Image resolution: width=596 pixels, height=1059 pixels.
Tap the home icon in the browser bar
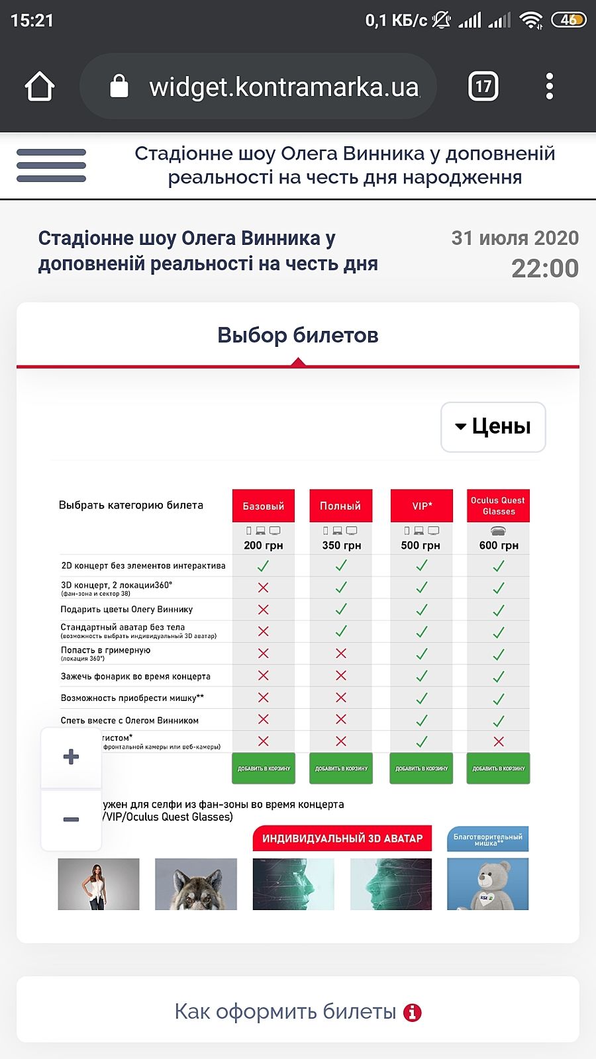point(39,86)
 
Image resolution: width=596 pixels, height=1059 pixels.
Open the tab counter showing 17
point(483,86)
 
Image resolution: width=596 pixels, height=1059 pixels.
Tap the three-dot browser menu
point(549,86)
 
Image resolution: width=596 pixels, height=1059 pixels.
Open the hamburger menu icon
point(51,165)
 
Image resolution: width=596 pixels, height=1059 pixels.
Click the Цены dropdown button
point(493,427)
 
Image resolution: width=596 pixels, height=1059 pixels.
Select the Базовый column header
point(264,506)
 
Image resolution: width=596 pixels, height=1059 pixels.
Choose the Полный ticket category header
point(340,506)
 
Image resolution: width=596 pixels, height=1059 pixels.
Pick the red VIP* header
point(422,506)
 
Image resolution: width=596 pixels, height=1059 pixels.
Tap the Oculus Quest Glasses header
point(498,506)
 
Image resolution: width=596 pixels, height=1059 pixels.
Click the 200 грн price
point(264,545)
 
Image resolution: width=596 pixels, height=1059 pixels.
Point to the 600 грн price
point(499,545)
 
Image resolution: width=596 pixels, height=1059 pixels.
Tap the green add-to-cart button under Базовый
point(264,768)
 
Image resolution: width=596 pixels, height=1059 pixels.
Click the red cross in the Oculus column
point(499,741)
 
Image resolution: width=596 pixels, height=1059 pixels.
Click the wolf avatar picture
point(196,884)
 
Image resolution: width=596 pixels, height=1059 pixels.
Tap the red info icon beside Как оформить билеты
point(413,1012)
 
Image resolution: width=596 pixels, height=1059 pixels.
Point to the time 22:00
point(545,268)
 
